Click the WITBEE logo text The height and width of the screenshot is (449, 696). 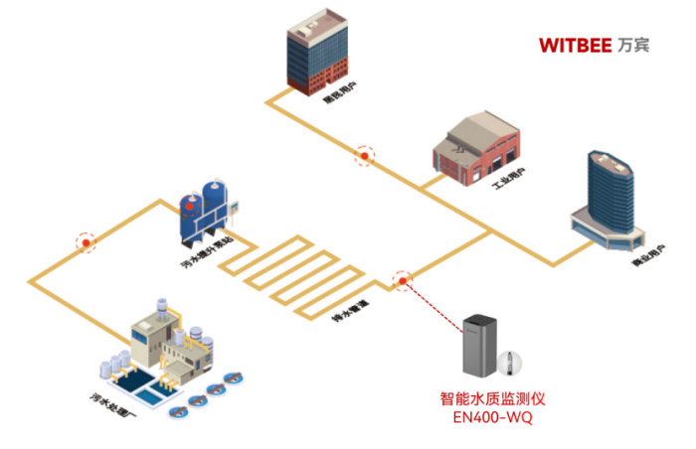pyautogui.click(x=575, y=45)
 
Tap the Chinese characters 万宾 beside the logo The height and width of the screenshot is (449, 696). pyautogui.click(x=632, y=45)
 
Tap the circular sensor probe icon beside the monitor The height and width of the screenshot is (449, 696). pyautogui.click(x=513, y=362)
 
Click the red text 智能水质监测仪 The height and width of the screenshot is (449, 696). pyautogui.click(x=493, y=399)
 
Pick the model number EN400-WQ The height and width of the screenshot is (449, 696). pyautogui.click(x=493, y=418)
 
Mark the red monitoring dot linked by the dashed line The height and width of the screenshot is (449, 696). pyautogui.click(x=403, y=281)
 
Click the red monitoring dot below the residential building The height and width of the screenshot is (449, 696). pyautogui.click(x=366, y=155)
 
